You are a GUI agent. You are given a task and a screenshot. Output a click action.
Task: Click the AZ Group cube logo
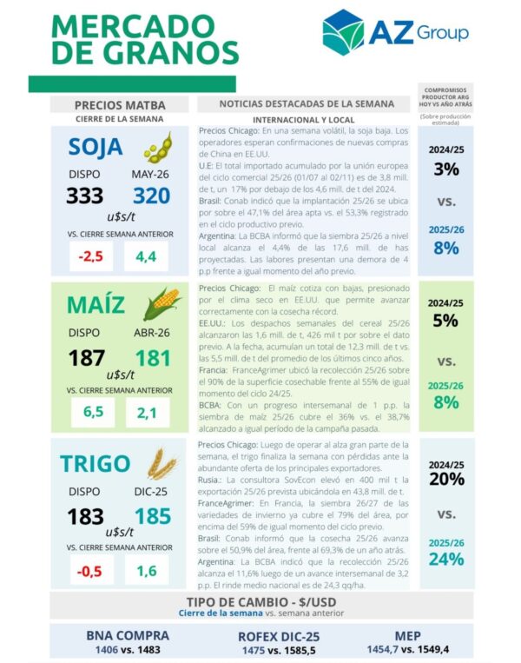click(343, 32)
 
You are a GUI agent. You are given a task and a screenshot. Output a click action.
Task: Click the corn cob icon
click(162, 304)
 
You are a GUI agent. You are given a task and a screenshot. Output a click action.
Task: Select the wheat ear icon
click(162, 464)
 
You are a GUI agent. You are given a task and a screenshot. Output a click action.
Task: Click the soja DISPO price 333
click(84, 196)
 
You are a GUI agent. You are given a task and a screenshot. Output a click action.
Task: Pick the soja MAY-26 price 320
click(151, 196)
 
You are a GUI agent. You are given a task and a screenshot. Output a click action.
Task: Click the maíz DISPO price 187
click(86, 357)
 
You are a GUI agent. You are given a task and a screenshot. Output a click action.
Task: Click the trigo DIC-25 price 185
click(153, 517)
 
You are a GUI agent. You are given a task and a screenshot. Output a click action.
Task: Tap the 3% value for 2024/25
click(446, 169)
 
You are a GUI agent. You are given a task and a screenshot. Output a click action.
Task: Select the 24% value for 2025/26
click(446, 559)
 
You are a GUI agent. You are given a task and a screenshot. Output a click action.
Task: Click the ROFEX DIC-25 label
click(280, 636)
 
